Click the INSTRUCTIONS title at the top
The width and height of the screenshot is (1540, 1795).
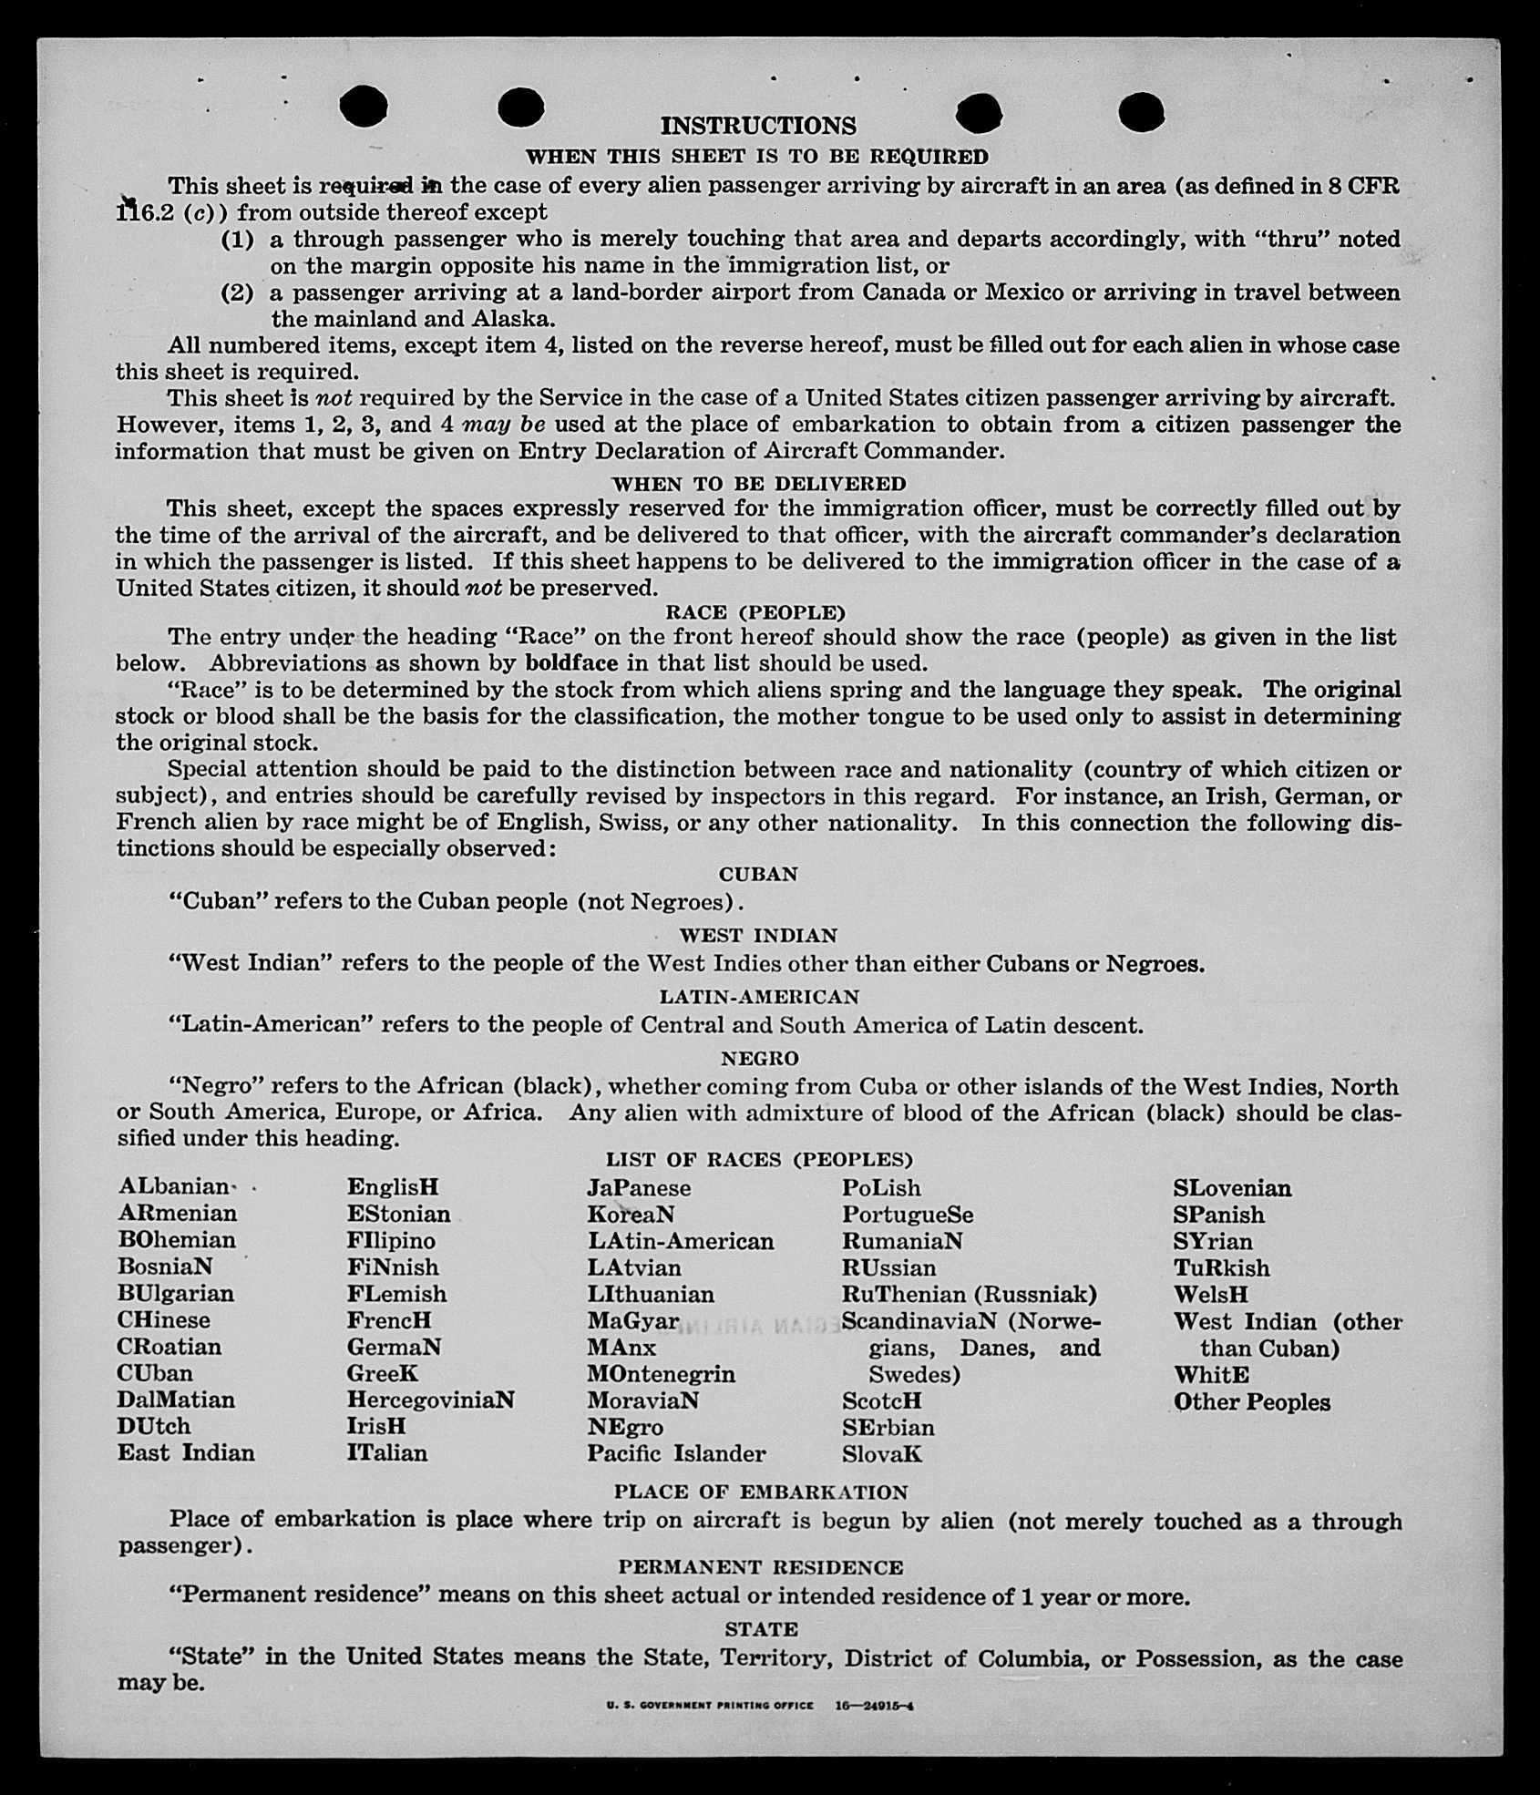tap(758, 126)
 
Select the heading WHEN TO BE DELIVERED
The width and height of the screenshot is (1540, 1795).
tap(758, 484)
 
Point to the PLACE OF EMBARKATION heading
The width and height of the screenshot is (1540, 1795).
tap(761, 1492)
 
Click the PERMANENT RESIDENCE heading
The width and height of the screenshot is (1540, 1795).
tap(761, 1567)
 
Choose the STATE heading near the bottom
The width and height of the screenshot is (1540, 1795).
tap(761, 1629)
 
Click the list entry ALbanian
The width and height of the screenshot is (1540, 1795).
tap(173, 1186)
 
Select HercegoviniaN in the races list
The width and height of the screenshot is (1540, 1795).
tap(430, 1399)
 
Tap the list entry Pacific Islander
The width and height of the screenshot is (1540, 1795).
tap(676, 1452)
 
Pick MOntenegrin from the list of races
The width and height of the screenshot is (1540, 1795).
tap(661, 1373)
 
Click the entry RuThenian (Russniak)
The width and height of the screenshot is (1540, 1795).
tap(969, 1294)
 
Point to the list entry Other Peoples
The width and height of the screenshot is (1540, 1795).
tap(1251, 1402)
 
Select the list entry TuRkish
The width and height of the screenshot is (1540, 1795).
tap(1221, 1267)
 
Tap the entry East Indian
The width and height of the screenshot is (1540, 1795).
tap(186, 1452)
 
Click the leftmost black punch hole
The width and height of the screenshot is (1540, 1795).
tap(363, 106)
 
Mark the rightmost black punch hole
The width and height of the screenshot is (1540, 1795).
tap(1140, 112)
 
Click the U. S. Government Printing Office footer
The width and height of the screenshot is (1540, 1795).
tap(709, 1705)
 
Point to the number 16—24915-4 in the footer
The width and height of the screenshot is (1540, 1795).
tap(875, 1705)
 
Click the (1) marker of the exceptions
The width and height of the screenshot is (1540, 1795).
tap(238, 240)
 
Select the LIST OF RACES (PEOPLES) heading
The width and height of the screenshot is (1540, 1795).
tap(759, 1159)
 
